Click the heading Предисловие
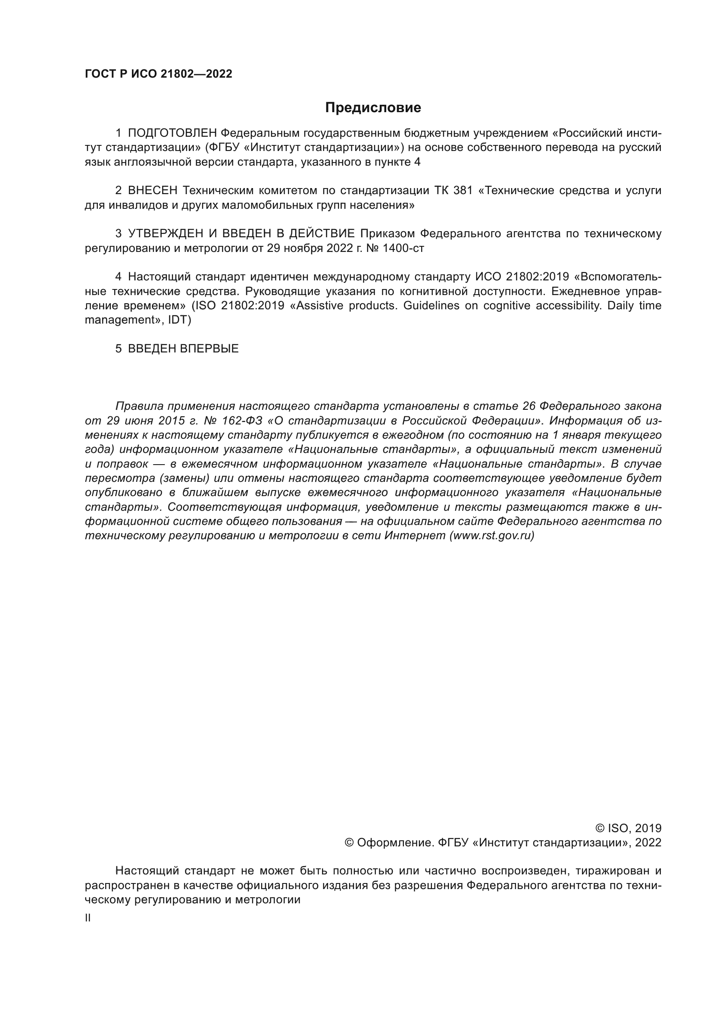373,108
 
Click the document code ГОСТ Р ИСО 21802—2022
159,74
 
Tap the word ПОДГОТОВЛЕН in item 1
172,133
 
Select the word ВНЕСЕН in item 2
152,190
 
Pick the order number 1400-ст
403,248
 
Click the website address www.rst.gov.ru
492,536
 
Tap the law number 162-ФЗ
242,421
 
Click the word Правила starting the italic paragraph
139,406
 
